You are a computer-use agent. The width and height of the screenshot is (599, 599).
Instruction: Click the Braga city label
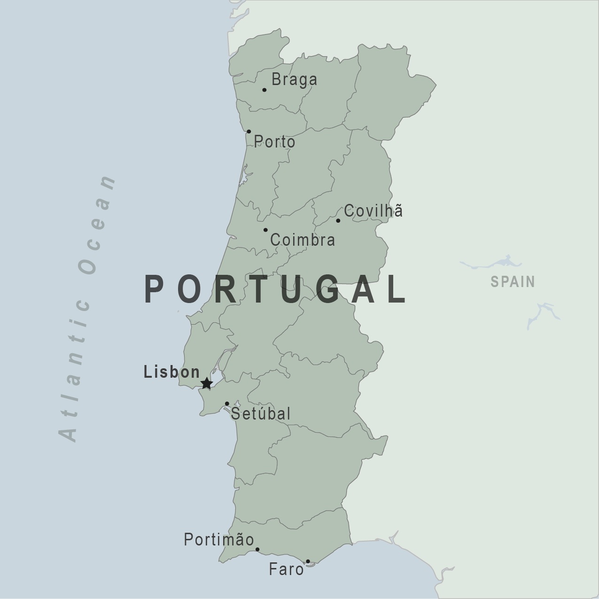click(294, 79)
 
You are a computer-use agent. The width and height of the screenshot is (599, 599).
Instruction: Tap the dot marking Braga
click(264, 90)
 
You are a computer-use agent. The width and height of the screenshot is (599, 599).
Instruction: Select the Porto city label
click(274, 141)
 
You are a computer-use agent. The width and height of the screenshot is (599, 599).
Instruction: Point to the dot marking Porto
click(249, 132)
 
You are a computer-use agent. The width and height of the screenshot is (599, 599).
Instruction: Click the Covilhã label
click(373, 210)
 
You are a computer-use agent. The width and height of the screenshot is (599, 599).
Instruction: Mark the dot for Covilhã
click(338, 220)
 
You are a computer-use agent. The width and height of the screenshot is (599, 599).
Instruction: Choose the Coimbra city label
click(303, 240)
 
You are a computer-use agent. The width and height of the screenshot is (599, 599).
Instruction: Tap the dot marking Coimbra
click(265, 230)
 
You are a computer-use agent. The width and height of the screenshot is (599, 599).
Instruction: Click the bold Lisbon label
click(172, 372)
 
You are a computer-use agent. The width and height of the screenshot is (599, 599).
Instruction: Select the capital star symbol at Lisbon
click(206, 383)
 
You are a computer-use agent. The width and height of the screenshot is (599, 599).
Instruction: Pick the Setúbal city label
click(261, 413)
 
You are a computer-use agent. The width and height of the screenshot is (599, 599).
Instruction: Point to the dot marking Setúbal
click(227, 404)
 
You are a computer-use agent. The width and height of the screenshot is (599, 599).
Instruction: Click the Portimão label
click(219, 539)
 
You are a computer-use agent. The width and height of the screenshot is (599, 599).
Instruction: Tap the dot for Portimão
click(257, 549)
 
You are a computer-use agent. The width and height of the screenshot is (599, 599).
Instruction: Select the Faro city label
click(286, 569)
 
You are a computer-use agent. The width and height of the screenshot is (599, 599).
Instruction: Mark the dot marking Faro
click(308, 561)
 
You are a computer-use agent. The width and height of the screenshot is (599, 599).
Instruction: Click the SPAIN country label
click(513, 281)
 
